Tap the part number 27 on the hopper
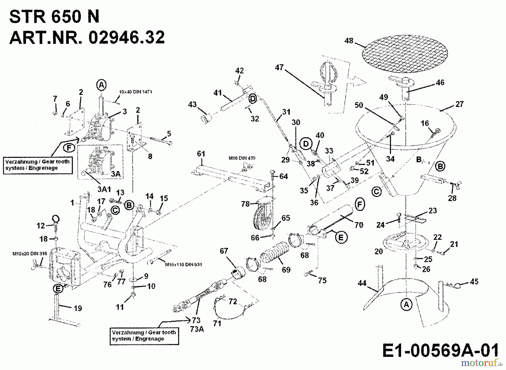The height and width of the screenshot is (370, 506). pos(459,104)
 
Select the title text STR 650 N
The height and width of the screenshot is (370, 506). pos(54,17)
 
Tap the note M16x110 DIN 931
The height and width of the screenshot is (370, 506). pos(183,265)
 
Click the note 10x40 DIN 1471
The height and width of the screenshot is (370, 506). pos(135,92)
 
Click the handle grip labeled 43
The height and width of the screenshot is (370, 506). pos(206,119)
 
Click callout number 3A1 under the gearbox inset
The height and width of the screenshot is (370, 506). pos(104,189)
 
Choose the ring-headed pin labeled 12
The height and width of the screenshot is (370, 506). pos(56,221)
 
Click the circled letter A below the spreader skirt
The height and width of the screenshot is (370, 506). pos(406,304)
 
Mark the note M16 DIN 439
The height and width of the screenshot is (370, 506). pos(242,158)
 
